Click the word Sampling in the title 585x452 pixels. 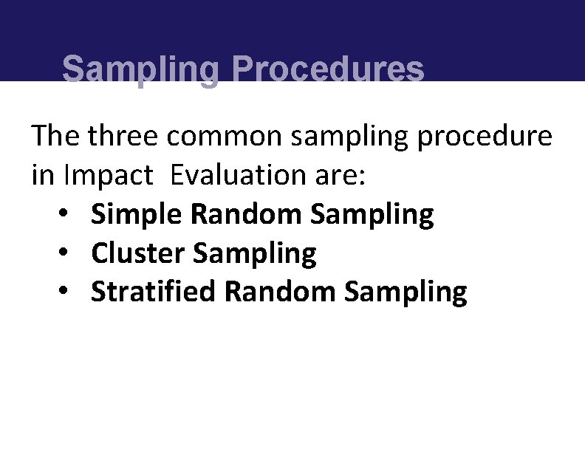coord(140,71)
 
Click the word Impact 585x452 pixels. coord(109,176)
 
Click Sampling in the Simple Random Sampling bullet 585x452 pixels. coord(372,215)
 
